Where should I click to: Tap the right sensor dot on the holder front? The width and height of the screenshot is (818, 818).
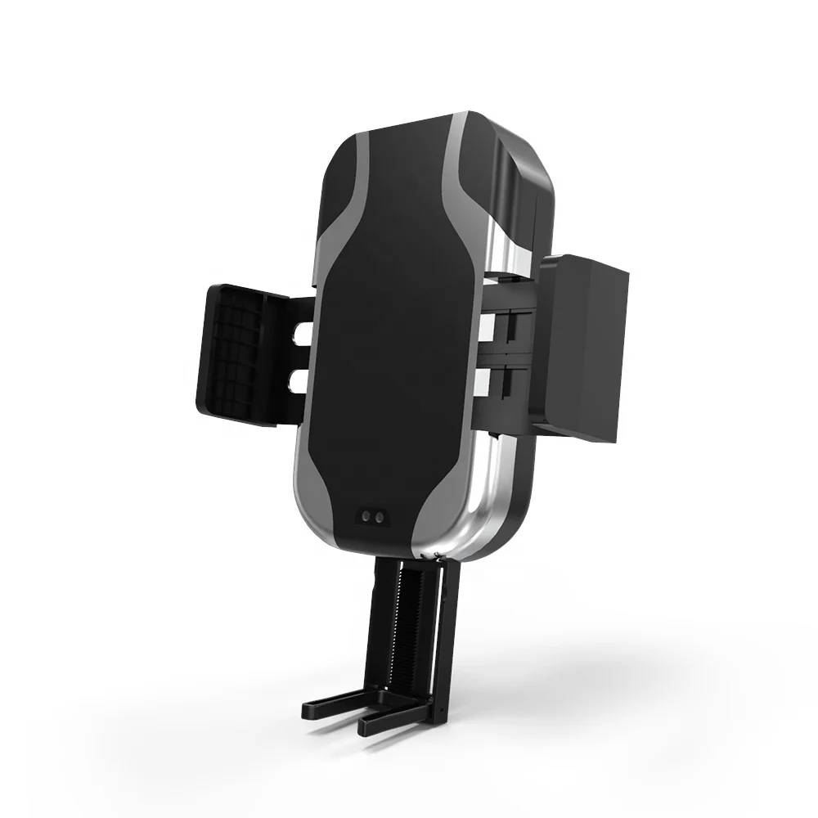coord(380,517)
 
